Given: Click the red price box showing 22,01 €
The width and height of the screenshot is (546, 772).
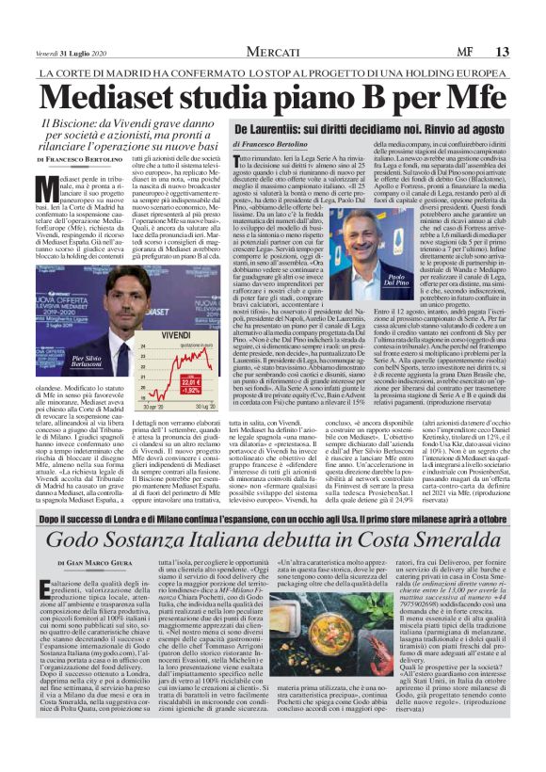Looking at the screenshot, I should [x=193, y=383].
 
